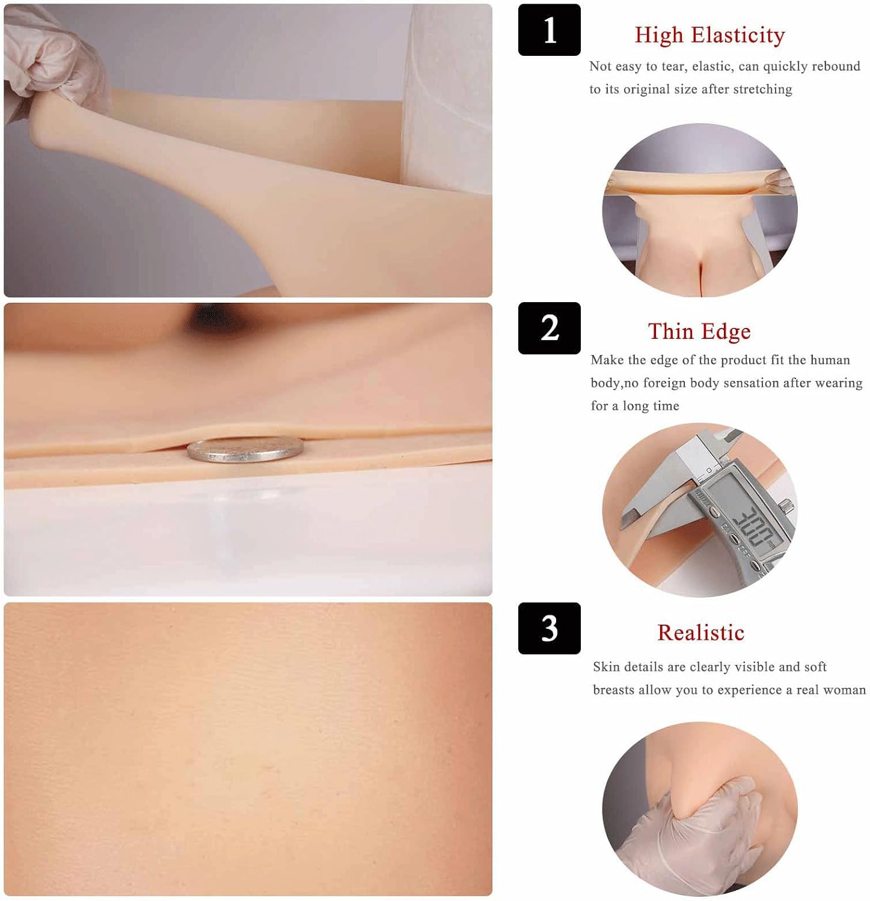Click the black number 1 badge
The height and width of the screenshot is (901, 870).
coord(549,29)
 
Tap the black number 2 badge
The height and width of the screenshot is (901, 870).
coord(549,328)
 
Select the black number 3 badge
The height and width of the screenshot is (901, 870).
coord(549,628)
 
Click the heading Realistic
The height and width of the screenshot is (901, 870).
coord(700,633)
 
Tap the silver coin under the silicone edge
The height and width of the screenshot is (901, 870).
coord(245,449)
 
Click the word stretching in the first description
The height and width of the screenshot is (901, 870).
coord(762,89)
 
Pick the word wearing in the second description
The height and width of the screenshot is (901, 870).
coord(839,383)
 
